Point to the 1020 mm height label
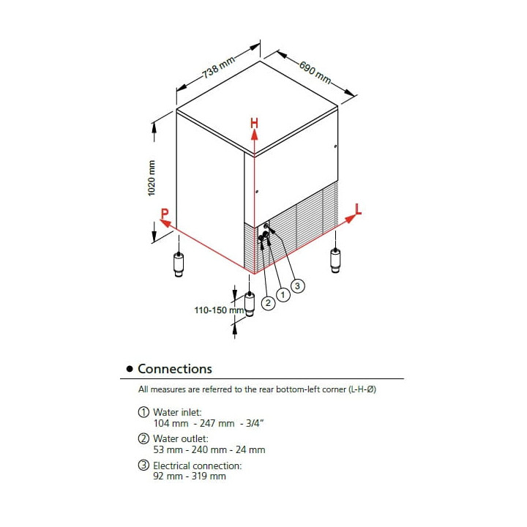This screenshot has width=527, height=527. click(152, 178)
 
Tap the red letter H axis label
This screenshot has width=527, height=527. click(254, 124)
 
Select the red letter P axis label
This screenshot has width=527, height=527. click(165, 214)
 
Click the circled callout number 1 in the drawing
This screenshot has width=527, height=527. click(282, 294)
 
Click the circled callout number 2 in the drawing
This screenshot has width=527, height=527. click(268, 302)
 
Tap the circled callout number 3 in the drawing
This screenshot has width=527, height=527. click(296, 285)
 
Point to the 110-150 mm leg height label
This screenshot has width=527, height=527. click(218, 310)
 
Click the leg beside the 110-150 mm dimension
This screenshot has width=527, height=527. click(250, 304)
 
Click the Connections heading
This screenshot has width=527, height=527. click(175, 369)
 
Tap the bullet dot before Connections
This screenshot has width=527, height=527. click(130, 370)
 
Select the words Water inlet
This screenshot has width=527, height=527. click(177, 413)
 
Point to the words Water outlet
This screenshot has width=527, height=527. click(180, 439)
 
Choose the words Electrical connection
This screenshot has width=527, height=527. click(197, 466)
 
